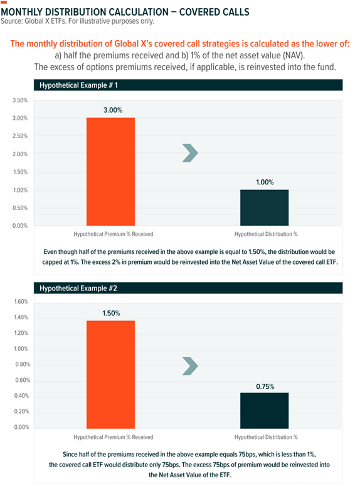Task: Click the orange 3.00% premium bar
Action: (x=111, y=171)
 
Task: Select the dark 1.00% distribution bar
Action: (x=264, y=208)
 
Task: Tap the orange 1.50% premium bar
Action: (x=111, y=374)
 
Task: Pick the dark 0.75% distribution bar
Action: (x=264, y=411)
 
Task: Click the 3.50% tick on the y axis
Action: (x=20, y=100)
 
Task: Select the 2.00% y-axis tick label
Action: (x=20, y=154)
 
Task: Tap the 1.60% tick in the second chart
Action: (x=21, y=302)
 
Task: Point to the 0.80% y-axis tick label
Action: (x=23, y=364)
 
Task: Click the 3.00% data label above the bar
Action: (x=113, y=110)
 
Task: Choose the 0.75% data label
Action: (x=265, y=386)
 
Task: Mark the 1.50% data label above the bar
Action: (x=111, y=314)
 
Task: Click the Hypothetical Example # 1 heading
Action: (x=78, y=85)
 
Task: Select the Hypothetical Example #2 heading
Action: (x=78, y=288)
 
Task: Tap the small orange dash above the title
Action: (x=4, y=2)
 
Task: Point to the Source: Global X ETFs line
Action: (x=78, y=21)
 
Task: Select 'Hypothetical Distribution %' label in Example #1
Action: (x=266, y=234)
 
